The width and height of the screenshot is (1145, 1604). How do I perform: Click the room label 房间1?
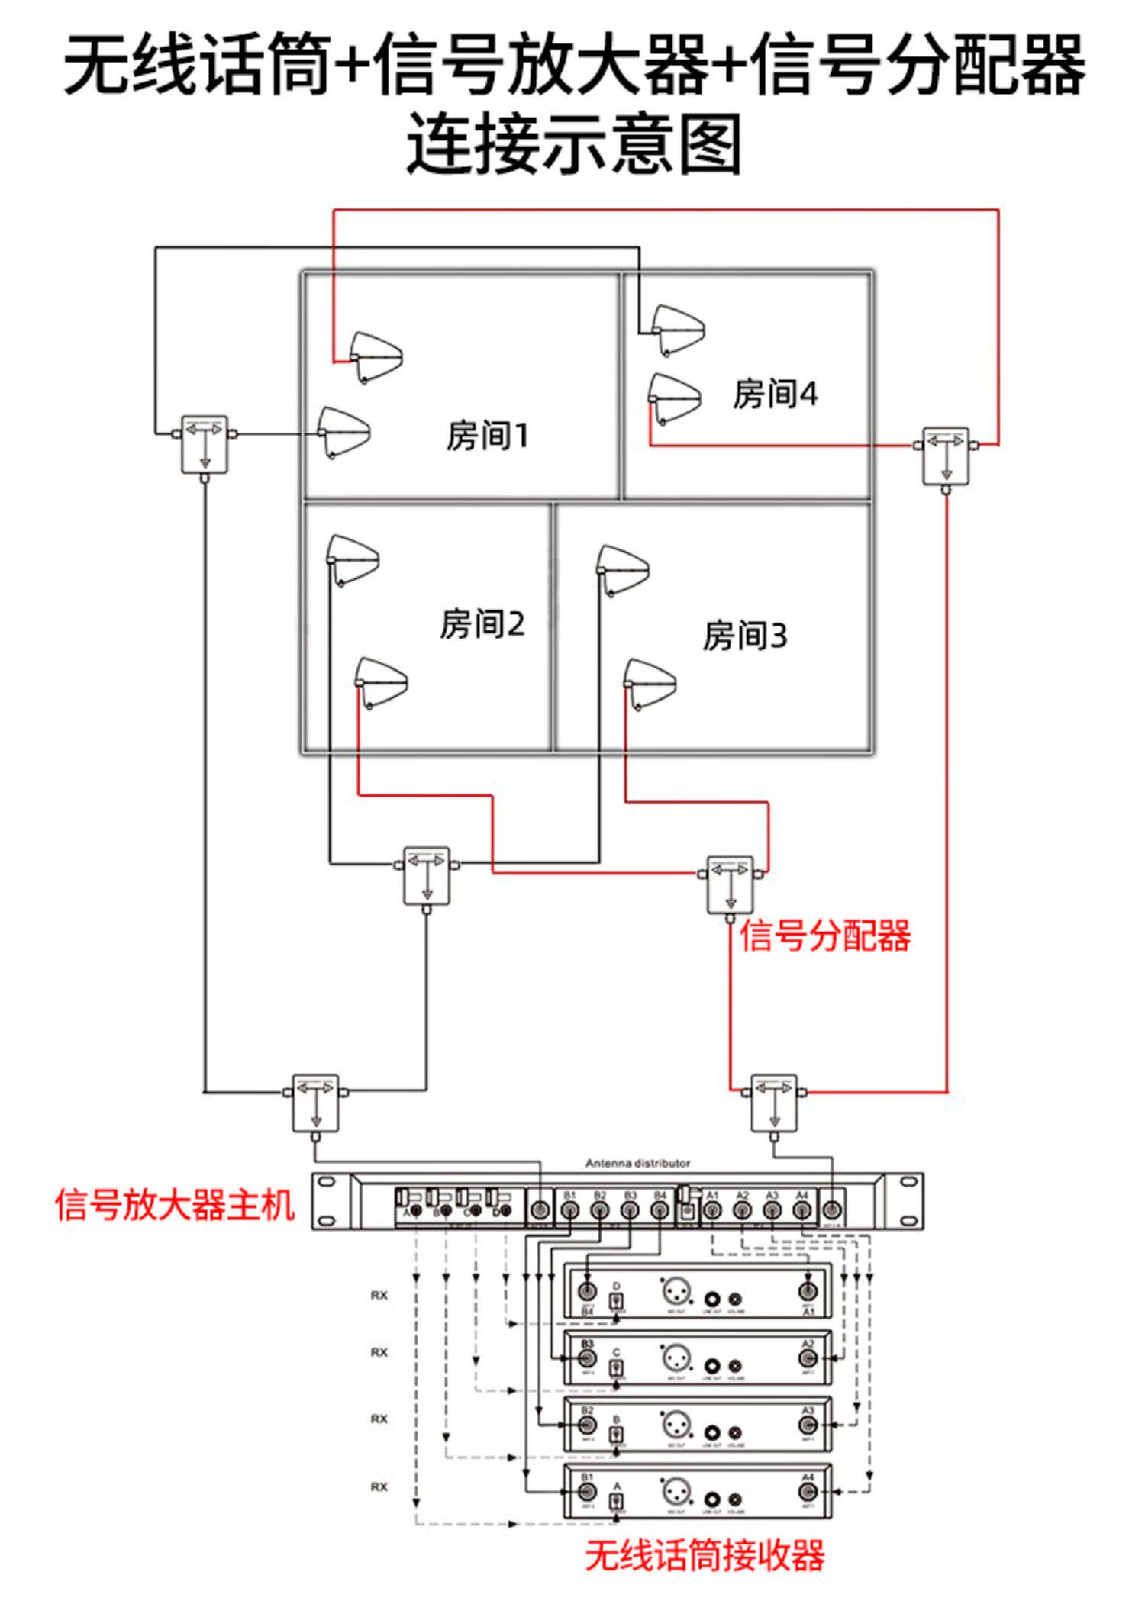click(x=487, y=436)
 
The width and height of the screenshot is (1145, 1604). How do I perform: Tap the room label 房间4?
click(x=774, y=394)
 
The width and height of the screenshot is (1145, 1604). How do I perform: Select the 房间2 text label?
click(x=482, y=623)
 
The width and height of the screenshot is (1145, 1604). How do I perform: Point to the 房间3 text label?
click(x=744, y=636)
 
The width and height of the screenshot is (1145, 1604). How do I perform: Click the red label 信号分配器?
click(x=824, y=935)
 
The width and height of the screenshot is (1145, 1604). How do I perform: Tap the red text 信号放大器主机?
click(x=175, y=1206)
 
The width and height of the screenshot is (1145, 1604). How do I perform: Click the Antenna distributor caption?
click(x=637, y=1163)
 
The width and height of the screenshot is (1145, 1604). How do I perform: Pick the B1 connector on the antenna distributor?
click(x=569, y=1209)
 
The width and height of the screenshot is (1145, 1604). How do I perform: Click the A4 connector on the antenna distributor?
click(x=801, y=1209)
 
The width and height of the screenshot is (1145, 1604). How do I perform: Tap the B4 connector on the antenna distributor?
click(x=660, y=1209)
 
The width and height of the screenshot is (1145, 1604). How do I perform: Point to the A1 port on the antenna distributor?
click(x=712, y=1209)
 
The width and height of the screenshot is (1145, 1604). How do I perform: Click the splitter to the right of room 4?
click(x=946, y=456)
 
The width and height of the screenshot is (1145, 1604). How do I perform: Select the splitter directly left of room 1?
click(x=205, y=444)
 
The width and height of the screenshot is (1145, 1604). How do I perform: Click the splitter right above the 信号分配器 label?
click(x=731, y=884)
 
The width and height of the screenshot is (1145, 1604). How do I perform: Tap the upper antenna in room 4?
click(x=677, y=330)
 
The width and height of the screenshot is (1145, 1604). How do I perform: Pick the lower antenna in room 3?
click(x=650, y=682)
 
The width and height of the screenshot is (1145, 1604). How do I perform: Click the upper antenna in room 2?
click(x=352, y=559)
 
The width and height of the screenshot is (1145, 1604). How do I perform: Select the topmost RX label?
click(x=379, y=1295)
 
